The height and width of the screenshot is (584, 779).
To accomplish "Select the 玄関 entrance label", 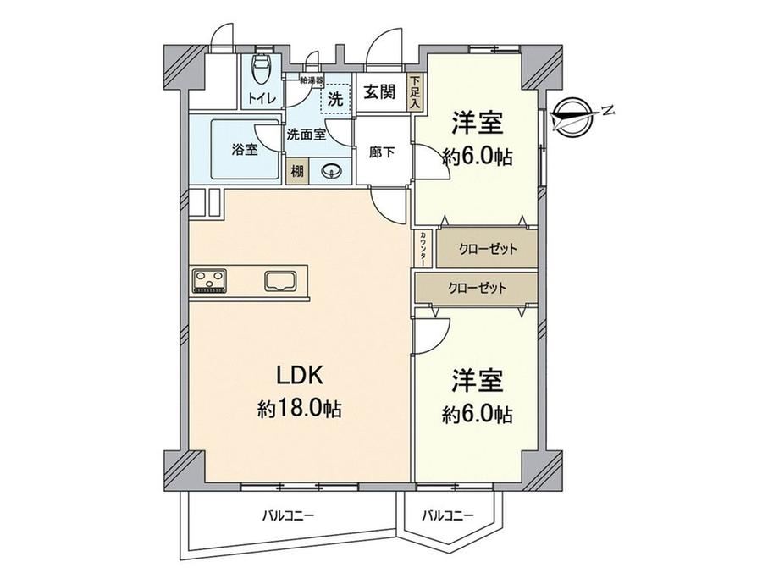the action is (x=379, y=92).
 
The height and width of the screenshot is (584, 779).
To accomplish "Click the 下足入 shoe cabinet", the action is (x=414, y=92).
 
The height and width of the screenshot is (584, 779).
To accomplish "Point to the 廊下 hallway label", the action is (x=382, y=152).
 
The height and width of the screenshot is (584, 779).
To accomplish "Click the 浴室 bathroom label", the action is (x=245, y=149).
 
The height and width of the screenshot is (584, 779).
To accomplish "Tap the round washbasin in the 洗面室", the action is (x=331, y=172).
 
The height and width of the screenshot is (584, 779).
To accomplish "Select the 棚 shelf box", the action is (x=297, y=172).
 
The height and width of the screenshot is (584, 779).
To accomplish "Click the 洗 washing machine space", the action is (x=336, y=99).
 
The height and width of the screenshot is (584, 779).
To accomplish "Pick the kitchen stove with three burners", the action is (x=209, y=281).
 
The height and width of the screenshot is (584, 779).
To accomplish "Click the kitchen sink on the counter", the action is (x=281, y=281).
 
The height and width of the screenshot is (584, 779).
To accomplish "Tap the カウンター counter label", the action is (x=423, y=248).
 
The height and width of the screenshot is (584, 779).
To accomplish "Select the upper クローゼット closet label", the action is (x=487, y=248).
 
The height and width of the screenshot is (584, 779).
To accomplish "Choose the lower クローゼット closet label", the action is (x=477, y=288).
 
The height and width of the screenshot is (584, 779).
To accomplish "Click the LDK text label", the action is (x=300, y=376).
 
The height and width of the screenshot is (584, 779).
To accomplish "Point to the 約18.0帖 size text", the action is (x=299, y=409).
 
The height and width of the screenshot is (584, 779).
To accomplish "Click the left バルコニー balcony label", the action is (x=288, y=515).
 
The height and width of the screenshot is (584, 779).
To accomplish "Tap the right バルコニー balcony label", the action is (x=448, y=515).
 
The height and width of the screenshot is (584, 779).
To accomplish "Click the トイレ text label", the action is (x=262, y=98).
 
